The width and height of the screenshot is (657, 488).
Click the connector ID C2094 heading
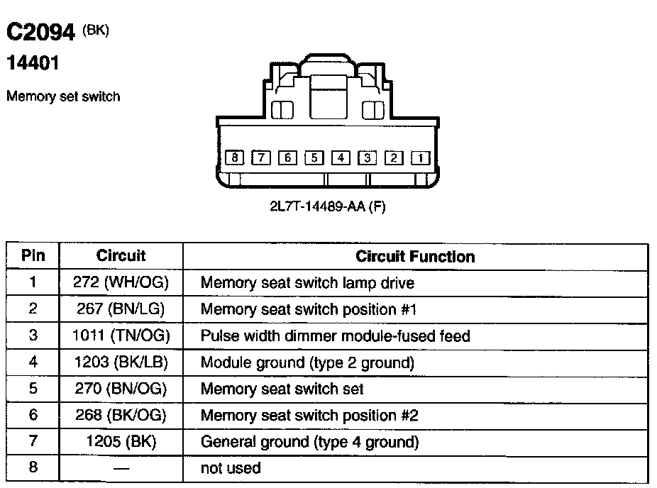click(41, 33)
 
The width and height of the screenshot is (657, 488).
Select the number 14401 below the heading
click(33, 64)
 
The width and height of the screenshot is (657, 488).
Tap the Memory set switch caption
click(63, 96)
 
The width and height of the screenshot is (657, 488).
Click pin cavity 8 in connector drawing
click(235, 157)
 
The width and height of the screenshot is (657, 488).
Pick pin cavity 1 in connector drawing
click(420, 157)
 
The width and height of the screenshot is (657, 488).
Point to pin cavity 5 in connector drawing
click(314, 157)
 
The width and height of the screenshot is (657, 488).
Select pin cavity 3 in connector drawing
click(367, 157)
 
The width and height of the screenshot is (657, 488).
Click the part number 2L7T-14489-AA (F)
click(327, 207)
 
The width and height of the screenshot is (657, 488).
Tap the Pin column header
click(33, 256)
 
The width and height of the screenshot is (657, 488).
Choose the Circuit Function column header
click(415, 256)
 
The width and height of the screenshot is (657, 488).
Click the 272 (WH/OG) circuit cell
click(121, 282)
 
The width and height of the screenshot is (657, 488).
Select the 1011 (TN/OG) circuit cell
click(121, 335)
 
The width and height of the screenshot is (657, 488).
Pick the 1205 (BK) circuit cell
click(121, 442)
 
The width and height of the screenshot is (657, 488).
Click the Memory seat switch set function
click(282, 389)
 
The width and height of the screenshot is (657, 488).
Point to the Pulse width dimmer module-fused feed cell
click(335, 335)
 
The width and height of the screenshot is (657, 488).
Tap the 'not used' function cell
click(231, 468)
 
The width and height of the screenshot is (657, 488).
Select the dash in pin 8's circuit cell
click(121, 469)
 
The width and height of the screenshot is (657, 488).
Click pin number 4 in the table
click(33, 362)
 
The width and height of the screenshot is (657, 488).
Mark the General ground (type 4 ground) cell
click(309, 442)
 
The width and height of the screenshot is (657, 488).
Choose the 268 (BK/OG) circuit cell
click(121, 415)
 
